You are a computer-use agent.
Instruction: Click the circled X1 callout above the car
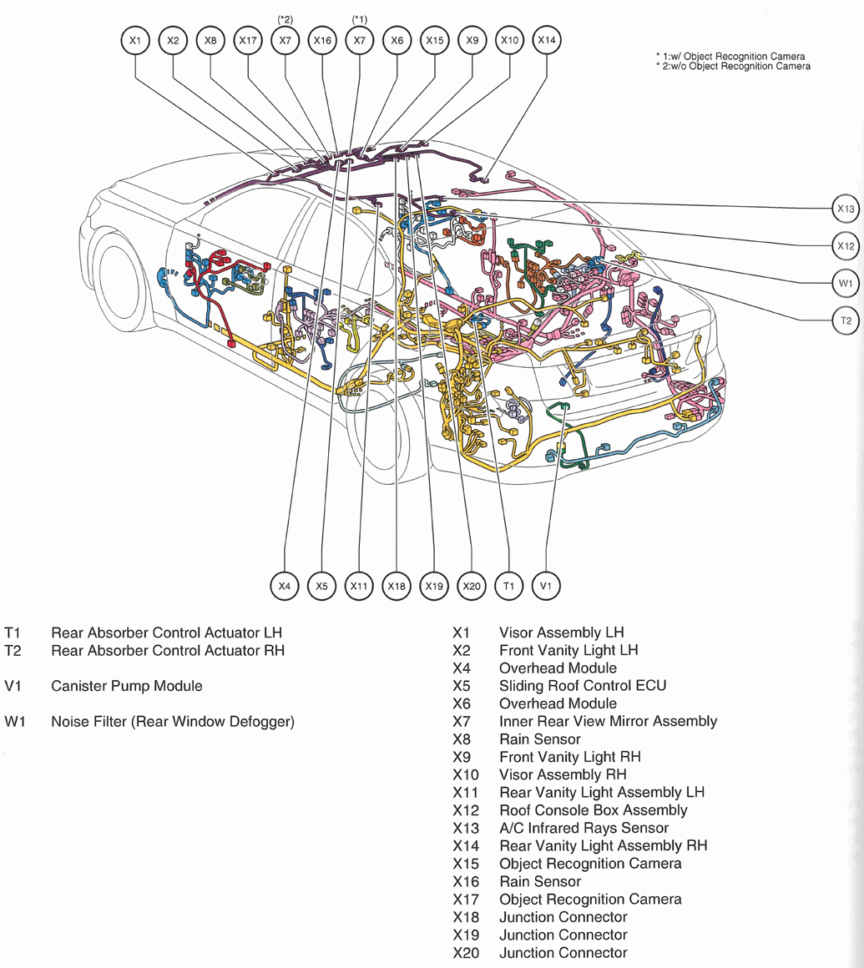click(x=135, y=40)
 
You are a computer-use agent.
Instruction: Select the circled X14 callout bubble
click(x=546, y=40)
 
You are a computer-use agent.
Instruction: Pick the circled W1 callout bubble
click(x=846, y=283)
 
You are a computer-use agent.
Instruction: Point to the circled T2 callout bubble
click(x=846, y=320)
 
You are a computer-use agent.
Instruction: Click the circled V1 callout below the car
click(x=546, y=587)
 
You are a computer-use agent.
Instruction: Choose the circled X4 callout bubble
click(x=285, y=587)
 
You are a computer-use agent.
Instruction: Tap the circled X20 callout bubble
click(x=472, y=587)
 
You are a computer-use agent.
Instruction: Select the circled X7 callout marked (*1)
click(x=359, y=40)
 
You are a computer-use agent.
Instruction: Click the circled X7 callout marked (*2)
click(x=285, y=40)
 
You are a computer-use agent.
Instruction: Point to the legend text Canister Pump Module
click(x=126, y=686)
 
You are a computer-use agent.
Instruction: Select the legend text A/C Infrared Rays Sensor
click(x=583, y=828)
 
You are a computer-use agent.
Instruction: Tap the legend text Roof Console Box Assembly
click(x=593, y=810)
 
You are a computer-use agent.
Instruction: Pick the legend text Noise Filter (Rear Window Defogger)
click(x=172, y=721)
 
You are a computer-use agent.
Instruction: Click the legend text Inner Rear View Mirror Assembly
click(x=607, y=721)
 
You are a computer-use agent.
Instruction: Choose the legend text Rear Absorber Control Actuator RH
click(x=168, y=650)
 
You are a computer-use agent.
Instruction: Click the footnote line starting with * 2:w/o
click(x=733, y=66)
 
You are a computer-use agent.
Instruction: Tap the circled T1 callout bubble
click(x=508, y=587)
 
